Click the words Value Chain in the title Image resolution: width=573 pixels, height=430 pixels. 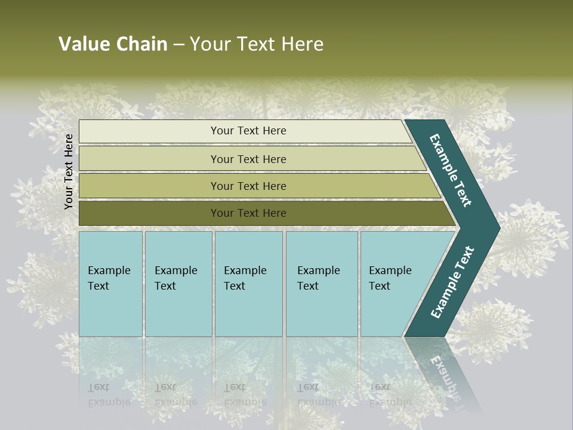113,44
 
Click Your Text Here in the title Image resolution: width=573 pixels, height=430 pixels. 257,44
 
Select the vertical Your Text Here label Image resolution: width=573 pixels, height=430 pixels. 69,171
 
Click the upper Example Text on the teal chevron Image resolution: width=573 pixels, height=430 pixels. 451,171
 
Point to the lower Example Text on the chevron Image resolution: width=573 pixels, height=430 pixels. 452,282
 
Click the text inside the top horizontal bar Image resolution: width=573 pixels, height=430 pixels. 248,131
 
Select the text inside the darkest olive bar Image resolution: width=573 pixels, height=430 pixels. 248,213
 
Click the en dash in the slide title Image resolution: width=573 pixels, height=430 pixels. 178,45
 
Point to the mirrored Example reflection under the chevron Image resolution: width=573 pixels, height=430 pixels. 445,376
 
